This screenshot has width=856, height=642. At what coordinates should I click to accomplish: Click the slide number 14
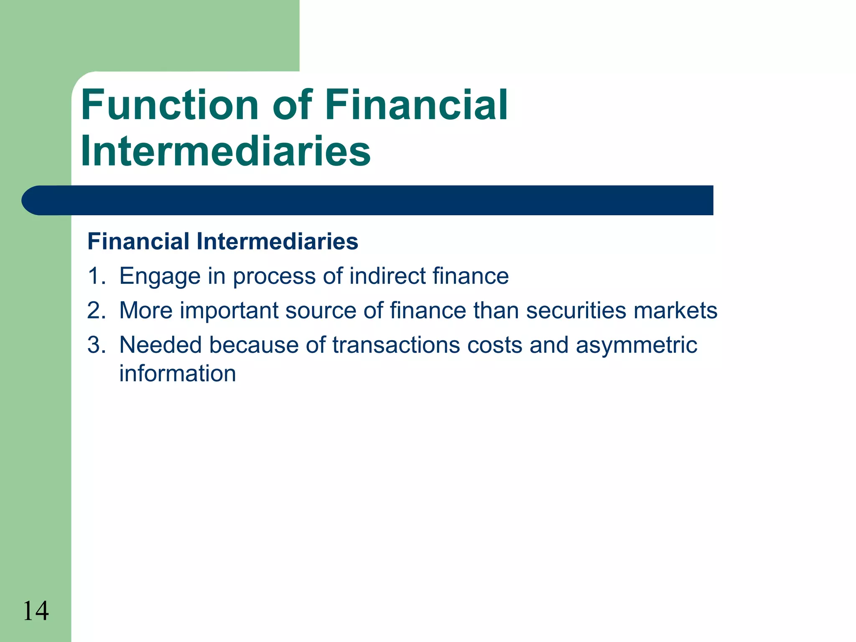(36, 611)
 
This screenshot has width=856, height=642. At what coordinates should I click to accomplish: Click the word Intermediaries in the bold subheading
(277, 242)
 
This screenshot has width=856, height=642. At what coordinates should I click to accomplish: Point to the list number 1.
(96, 276)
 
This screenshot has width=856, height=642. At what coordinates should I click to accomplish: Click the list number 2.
(96, 311)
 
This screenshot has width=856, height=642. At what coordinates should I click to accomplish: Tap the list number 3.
(96, 345)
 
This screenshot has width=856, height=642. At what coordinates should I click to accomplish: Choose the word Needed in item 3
(160, 345)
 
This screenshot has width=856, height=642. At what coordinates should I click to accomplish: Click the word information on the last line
(178, 373)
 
